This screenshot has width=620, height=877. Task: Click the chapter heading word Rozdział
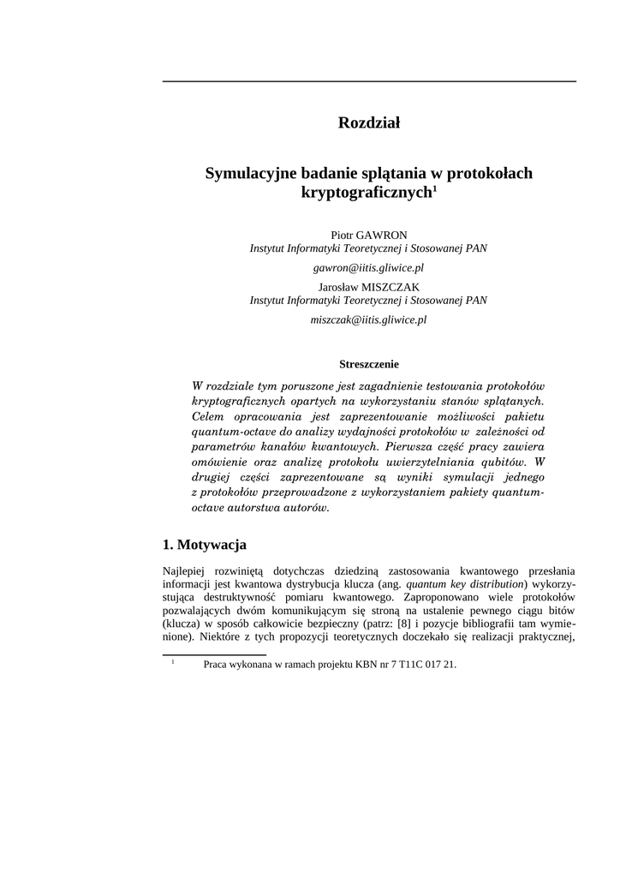pyautogui.click(x=369, y=123)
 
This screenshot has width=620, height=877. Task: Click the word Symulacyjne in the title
pyautogui.click(x=247, y=174)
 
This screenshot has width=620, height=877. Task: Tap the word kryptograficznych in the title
pyautogui.click(x=366, y=194)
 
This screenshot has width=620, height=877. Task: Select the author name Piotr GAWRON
pyautogui.click(x=369, y=235)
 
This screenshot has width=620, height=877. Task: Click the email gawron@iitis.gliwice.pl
pyautogui.click(x=368, y=267)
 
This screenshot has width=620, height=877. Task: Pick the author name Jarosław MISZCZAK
pyautogui.click(x=369, y=287)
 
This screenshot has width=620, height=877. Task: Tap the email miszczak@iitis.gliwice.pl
pyautogui.click(x=368, y=319)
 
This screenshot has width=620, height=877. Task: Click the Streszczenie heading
pyautogui.click(x=369, y=364)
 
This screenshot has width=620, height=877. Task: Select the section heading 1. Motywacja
pyautogui.click(x=205, y=545)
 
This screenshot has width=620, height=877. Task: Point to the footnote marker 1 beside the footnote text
pyautogui.click(x=173, y=662)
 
